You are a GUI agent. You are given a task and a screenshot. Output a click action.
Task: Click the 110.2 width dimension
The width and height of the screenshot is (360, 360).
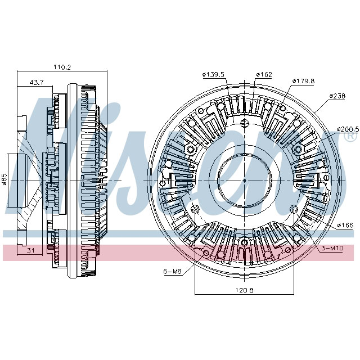pos(62,67)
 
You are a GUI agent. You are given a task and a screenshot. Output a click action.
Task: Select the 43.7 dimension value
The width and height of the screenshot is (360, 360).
pos(37,82)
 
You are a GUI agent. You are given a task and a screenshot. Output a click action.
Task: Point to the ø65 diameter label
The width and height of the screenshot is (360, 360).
pos(4,179)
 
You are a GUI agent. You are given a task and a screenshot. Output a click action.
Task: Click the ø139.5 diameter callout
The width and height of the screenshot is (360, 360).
pos(213,74)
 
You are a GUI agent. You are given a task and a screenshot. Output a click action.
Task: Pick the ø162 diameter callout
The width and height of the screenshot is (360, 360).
pos(264,74)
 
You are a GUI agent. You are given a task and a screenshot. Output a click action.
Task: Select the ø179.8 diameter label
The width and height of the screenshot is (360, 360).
pos(303,80)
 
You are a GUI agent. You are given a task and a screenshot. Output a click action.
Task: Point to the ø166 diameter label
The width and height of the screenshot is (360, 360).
pos(345,226)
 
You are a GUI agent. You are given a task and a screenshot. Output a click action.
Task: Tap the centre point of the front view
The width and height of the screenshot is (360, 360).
pos(244,180)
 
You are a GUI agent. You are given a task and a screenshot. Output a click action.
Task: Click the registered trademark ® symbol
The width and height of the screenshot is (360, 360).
pos(350,136)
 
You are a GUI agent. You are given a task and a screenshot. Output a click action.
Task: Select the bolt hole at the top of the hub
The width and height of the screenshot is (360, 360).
pos(244,124)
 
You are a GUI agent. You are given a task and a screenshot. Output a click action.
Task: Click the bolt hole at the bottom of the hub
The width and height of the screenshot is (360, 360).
pos(244,243)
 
